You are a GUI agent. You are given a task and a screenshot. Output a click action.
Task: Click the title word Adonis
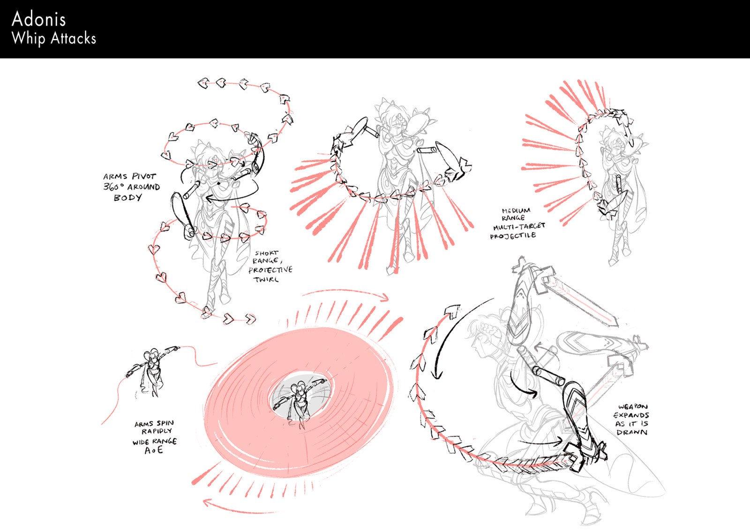tap(38, 19)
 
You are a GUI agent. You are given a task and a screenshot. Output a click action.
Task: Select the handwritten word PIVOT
tap(144, 176)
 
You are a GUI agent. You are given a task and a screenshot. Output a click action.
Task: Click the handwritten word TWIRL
tap(266, 280)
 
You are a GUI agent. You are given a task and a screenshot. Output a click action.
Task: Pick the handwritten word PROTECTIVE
tap(270, 270)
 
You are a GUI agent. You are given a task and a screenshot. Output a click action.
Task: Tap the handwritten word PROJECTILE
tap(513, 236)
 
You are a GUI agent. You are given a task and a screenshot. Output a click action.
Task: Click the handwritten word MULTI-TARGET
tap(519, 227)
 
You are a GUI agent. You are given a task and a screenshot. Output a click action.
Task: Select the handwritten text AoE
tap(154, 450)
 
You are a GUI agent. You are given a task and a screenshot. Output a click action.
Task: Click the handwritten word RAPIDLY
tap(157, 431)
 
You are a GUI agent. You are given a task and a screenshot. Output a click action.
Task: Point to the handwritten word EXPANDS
tap(631, 415)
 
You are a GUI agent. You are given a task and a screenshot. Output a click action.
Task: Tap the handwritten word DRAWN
tap(632, 432)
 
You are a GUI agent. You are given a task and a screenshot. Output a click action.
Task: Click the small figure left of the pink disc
tap(151, 371)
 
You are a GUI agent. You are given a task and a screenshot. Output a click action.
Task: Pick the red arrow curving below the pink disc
tap(234, 509)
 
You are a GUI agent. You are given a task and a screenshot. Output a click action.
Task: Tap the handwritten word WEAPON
tap(633, 407)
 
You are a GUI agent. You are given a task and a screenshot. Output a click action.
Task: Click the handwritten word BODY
tap(127, 198)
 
